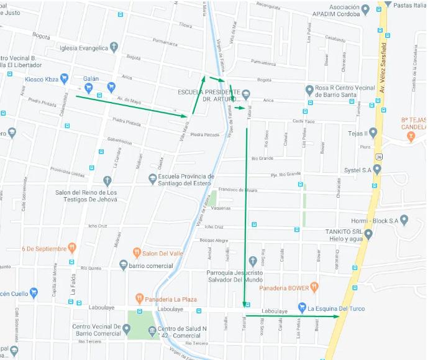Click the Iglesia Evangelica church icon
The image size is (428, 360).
pyautogui.click(x=114, y=47)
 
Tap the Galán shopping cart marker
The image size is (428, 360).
pyautogui.click(x=89, y=87)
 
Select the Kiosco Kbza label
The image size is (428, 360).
pyautogui.click(x=42, y=80)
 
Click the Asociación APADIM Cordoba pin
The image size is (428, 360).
pyautogui.click(x=366, y=9)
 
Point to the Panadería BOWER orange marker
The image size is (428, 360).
pyautogui.click(x=314, y=287)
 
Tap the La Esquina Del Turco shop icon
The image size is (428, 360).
pyautogui.click(x=302, y=307)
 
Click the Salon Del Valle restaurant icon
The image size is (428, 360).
pyautogui.click(x=137, y=252)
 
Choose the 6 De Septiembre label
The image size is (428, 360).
pyautogui.click(x=43, y=249)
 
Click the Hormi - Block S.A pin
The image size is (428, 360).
pyautogui.click(x=404, y=220)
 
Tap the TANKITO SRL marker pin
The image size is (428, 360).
pyautogui.click(x=368, y=234)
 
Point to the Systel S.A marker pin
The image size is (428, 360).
pyautogui.click(x=376, y=168)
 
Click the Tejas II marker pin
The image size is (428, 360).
pyautogui.click(x=373, y=132)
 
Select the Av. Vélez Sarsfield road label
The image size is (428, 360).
pyautogui.click(x=383, y=68)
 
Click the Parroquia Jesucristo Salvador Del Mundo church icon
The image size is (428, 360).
pyautogui.click(x=252, y=261)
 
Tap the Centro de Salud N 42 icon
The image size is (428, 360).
pyautogui.click(x=152, y=329)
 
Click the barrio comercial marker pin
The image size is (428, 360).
pyautogui.click(x=123, y=265)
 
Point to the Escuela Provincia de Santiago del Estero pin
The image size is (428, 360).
pyautogui.click(x=153, y=179)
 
